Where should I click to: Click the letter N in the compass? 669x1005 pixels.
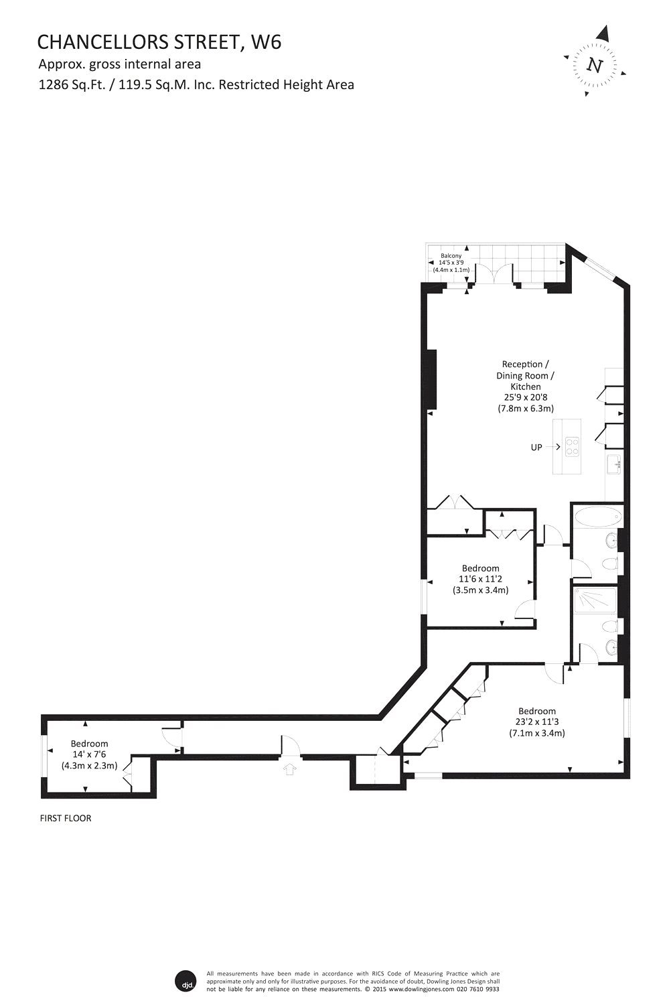click(595, 66)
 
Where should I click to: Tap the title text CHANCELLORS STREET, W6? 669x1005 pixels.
click(159, 42)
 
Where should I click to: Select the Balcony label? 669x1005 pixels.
click(451, 256)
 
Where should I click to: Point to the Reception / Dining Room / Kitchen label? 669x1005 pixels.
click(525, 375)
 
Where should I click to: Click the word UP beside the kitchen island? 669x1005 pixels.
click(536, 448)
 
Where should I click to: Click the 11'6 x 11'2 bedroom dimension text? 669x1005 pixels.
click(480, 580)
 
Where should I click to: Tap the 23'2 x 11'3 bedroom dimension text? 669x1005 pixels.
click(536, 722)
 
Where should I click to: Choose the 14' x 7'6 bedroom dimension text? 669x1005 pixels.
click(89, 754)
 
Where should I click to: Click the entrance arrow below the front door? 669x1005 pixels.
click(290, 769)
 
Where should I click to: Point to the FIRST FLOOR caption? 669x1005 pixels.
click(66, 818)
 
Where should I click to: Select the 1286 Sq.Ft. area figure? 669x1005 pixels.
click(72, 85)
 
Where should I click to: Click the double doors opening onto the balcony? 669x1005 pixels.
click(494, 273)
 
